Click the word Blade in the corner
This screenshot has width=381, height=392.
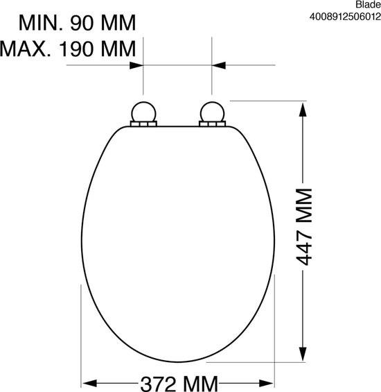(368, 4)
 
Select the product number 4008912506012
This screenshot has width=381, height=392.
(345, 17)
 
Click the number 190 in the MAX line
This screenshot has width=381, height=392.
(76, 49)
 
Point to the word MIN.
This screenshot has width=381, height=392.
(41, 23)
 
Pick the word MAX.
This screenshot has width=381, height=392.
(26, 49)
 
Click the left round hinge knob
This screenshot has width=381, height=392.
(143, 112)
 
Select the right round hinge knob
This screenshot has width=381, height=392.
(212, 112)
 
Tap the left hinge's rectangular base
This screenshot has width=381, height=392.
(143, 124)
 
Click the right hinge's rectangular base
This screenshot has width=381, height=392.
(212, 124)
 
